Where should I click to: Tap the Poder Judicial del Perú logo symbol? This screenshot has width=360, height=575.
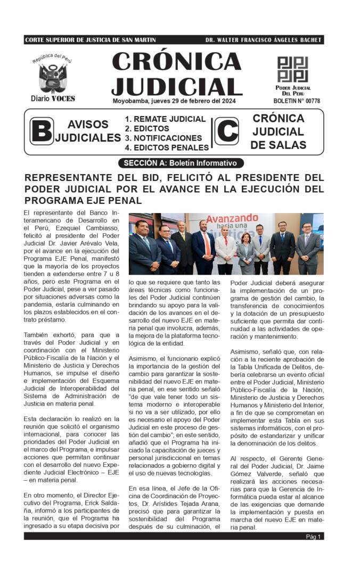point(292,69)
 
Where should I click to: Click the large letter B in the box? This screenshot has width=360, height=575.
point(42,132)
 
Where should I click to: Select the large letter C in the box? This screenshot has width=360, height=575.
point(227,132)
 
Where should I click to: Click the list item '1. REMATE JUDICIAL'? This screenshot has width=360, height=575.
point(165,119)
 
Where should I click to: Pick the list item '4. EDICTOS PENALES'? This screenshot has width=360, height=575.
point(167,147)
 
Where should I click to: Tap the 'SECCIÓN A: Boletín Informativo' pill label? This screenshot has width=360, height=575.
point(181,163)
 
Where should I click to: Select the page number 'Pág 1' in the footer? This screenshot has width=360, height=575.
point(313,537)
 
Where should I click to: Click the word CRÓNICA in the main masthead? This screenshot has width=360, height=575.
point(177,62)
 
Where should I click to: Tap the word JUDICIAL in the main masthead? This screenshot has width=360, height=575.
point(177,86)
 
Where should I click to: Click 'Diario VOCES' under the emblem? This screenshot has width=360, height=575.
point(53,98)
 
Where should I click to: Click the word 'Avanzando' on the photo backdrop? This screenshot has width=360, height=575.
point(232,218)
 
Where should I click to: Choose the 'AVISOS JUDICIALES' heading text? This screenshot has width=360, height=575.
point(88,131)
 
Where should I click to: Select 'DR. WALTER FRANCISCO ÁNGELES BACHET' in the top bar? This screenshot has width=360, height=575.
point(264,40)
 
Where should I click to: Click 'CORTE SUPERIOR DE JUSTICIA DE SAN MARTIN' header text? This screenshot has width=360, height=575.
point(91,40)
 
